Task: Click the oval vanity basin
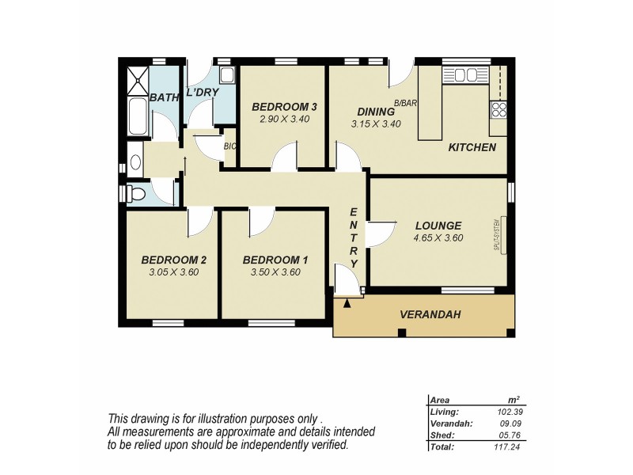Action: [x=135, y=163]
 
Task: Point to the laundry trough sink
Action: [x=226, y=77]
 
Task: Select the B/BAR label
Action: [x=405, y=104]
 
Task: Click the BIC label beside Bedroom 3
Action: [x=230, y=146]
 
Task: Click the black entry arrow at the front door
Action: [x=347, y=302]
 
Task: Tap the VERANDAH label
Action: [x=430, y=315]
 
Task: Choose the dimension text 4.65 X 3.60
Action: [x=438, y=237]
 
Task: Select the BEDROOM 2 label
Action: [x=174, y=260]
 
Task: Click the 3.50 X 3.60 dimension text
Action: [x=275, y=272]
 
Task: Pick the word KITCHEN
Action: [x=472, y=147]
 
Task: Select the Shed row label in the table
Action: [x=442, y=435]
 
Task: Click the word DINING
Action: [x=375, y=112]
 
